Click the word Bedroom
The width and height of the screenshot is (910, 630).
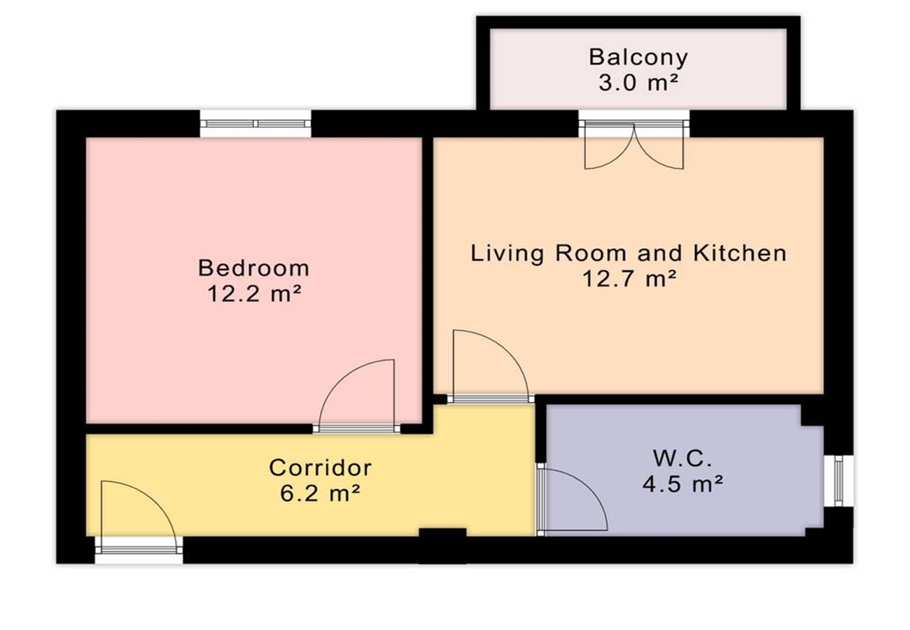[x=254, y=268]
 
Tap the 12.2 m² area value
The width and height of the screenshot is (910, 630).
[x=255, y=293]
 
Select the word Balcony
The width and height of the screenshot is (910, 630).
[x=638, y=57]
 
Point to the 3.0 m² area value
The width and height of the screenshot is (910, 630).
[x=638, y=83]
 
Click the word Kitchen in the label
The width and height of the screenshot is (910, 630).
[x=740, y=253]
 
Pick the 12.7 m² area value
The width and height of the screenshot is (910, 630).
[x=630, y=279]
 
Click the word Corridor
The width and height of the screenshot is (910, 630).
[x=320, y=468]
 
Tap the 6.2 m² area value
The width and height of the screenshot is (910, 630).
[x=320, y=493]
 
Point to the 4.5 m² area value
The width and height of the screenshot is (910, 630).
[x=682, y=484]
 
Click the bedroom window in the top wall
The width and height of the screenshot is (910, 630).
[x=255, y=123]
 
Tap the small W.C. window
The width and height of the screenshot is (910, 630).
[x=839, y=481]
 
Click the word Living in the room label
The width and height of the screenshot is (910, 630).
[x=507, y=253]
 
